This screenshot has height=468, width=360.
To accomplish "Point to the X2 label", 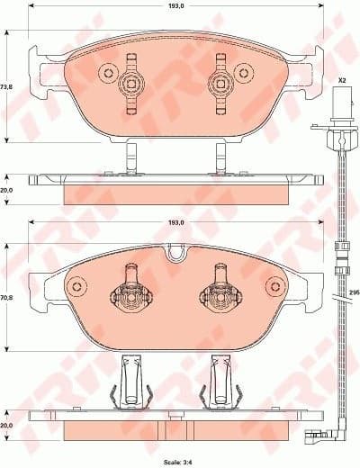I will point(342,81).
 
